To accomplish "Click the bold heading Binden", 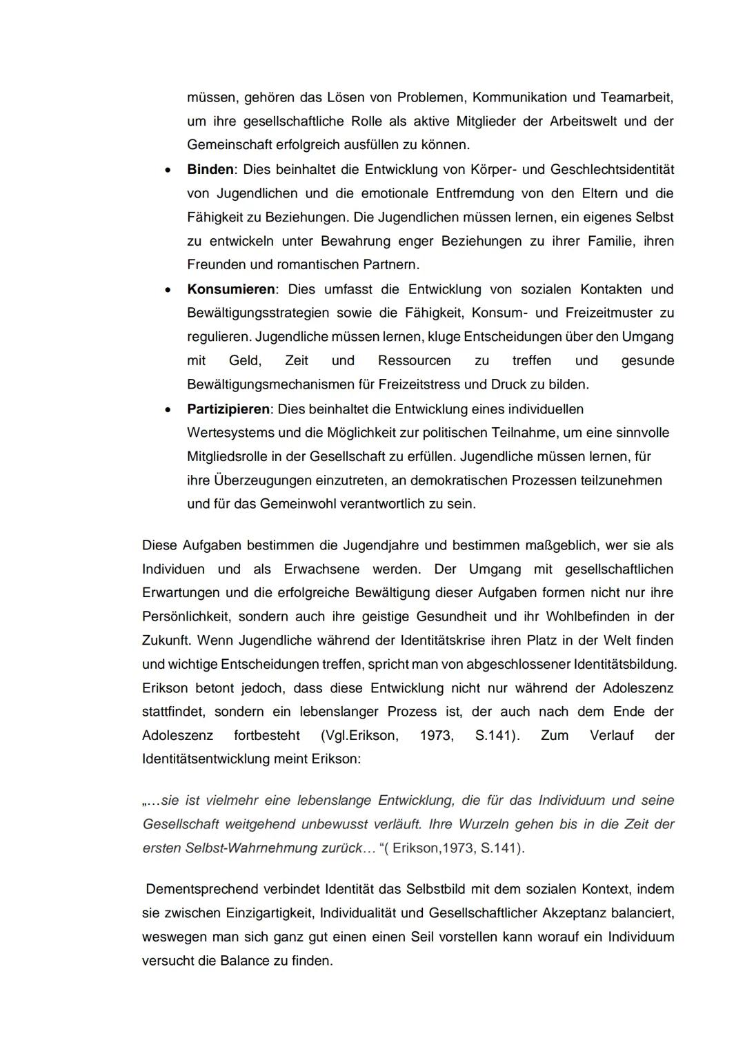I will pyautogui.click(x=210, y=169).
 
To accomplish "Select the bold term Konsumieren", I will pyautogui.click(x=231, y=289).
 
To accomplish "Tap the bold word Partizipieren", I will pyautogui.click(x=228, y=409).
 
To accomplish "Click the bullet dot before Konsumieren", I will pyautogui.click(x=167, y=290).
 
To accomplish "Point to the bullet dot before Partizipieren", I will pyautogui.click(x=167, y=410).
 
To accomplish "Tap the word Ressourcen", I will pyautogui.click(x=414, y=360).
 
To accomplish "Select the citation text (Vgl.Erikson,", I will pyautogui.click(x=359, y=735).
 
